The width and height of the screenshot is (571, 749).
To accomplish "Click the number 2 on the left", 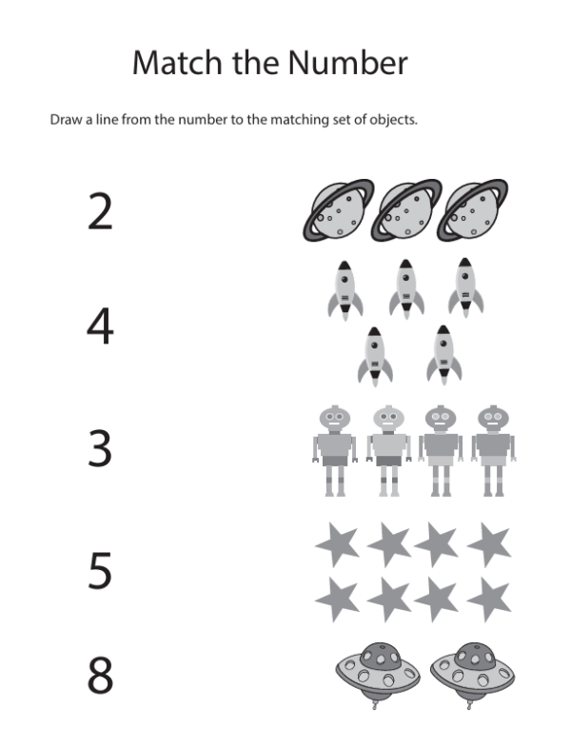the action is [x=100, y=211].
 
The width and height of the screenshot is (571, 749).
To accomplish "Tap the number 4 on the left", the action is [x=100, y=325].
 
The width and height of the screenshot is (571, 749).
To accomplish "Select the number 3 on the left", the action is [x=100, y=448].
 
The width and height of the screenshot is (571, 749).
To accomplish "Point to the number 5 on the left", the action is [x=100, y=570].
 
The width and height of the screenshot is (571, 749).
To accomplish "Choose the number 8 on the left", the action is [x=100, y=675].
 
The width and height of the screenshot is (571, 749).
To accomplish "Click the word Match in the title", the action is [x=177, y=62].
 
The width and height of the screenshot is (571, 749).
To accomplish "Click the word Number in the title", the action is [x=348, y=62].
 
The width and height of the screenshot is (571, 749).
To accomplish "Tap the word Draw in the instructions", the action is [x=66, y=119].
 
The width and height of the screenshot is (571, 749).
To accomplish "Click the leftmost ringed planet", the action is [x=338, y=209].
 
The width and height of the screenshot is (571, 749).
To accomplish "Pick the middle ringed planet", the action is [x=406, y=209].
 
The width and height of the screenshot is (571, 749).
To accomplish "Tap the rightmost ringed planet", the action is [x=473, y=209].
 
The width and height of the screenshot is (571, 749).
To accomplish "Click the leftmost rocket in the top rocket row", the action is [x=345, y=290].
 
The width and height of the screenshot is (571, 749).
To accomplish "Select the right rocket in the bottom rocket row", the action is [x=443, y=355].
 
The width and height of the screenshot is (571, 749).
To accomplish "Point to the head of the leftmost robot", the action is [x=334, y=419].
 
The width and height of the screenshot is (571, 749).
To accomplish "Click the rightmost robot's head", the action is [x=493, y=419].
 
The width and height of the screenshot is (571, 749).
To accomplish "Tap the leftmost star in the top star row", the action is [x=338, y=543].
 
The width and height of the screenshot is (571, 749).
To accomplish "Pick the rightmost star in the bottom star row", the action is [x=490, y=599].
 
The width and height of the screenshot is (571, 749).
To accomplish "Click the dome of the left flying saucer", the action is [x=381, y=656].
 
